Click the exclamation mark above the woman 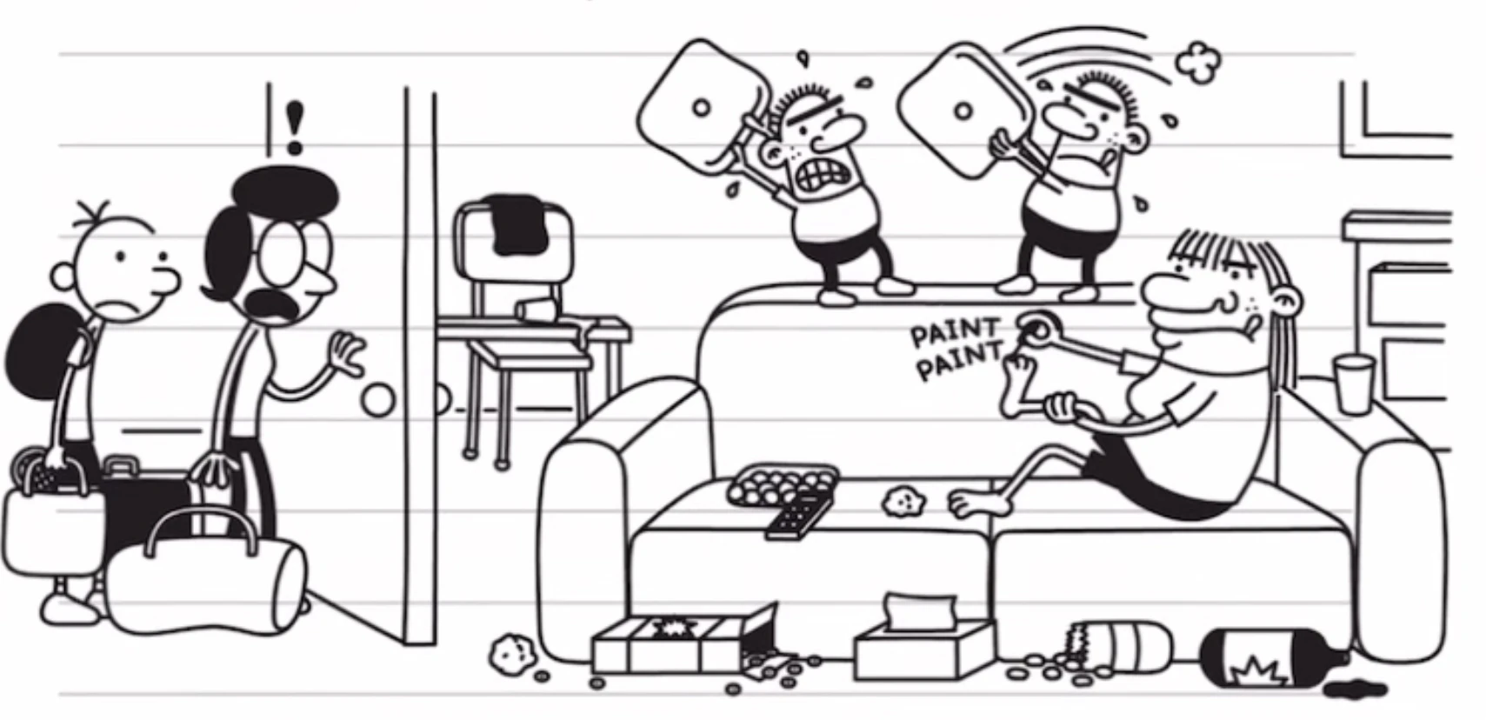pyautogui.click(x=295, y=126)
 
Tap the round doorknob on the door pyautogui.click(x=378, y=400)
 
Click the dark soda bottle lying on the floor pyautogui.click(x=1269, y=663)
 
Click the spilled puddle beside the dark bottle pyautogui.click(x=1355, y=690)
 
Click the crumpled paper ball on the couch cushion pyautogui.click(x=904, y=499)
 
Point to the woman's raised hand pyautogui.click(x=349, y=352)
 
